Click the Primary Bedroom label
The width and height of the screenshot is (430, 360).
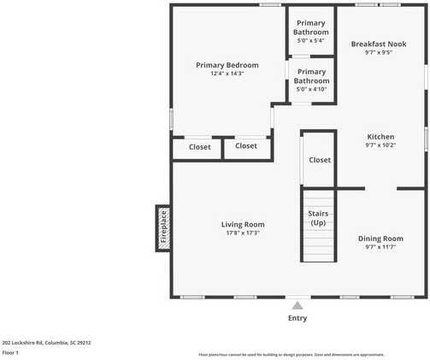227,65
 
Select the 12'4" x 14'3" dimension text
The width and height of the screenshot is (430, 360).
227,74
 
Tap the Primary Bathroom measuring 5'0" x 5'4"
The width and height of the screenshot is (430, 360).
311,27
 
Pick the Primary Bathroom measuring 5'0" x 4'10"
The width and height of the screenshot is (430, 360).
311,76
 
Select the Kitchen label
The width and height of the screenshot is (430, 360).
380,137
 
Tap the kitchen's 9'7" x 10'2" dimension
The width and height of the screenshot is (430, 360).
380,145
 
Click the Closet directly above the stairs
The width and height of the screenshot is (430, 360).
320,160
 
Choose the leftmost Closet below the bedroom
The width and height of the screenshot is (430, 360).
199,146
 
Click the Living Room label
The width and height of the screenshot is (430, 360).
242,224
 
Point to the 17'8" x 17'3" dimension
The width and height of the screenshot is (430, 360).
242,233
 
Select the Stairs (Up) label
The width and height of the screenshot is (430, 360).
318,218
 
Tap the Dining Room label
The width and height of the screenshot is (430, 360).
380,239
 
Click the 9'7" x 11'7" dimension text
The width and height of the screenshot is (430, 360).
380,247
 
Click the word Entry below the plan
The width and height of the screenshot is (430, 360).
297,318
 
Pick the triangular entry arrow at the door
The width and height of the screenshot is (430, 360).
297,304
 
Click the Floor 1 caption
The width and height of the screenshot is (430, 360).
10,352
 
